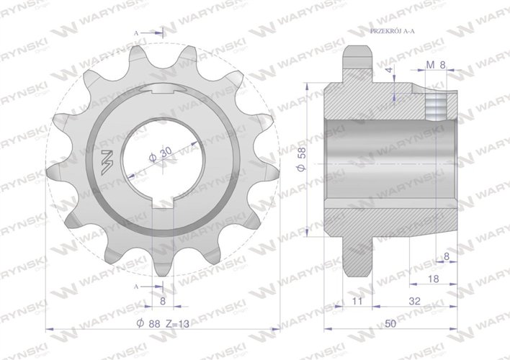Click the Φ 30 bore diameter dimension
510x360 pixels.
click(x=160, y=153)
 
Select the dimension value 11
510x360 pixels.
click(x=357, y=302)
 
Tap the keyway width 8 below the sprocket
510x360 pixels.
click(x=164, y=302)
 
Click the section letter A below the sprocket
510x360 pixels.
click(x=138, y=286)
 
